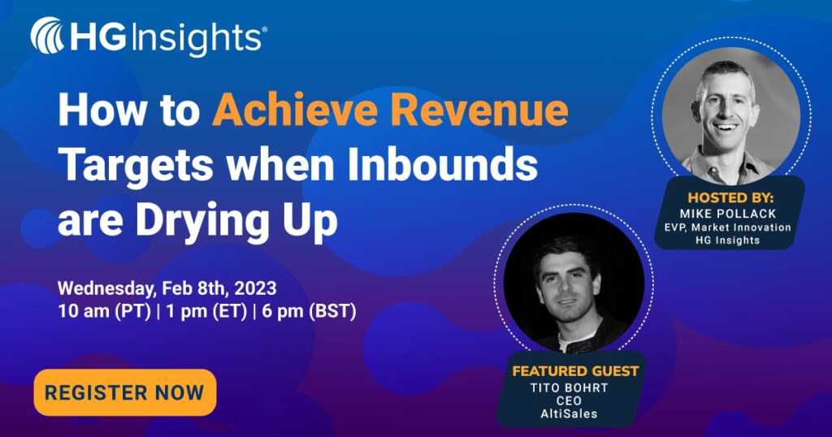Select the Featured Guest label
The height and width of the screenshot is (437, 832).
tap(575, 371)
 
